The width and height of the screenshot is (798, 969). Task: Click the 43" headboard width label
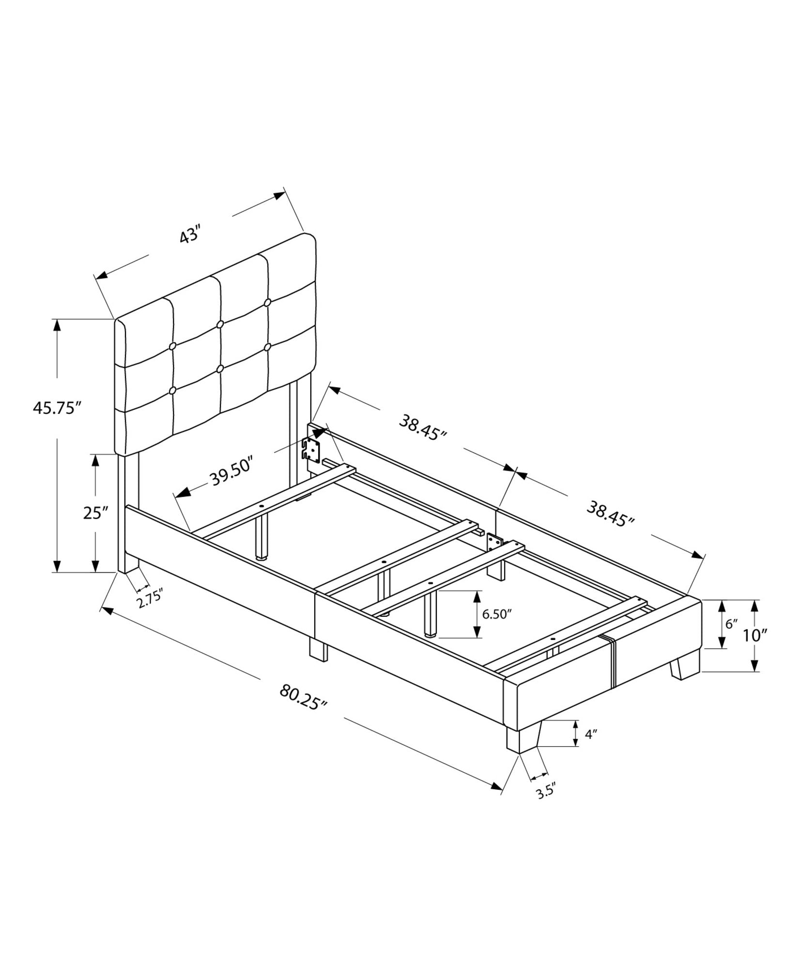click(190, 236)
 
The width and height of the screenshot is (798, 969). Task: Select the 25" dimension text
click(95, 513)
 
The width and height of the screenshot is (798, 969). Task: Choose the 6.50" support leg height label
click(497, 614)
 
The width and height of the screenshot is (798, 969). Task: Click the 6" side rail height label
click(731, 624)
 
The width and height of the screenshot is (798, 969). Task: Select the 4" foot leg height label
click(590, 748)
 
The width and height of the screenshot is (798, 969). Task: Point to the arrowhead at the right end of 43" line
click(279, 196)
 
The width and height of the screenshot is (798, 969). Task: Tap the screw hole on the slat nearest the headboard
click(262, 506)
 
